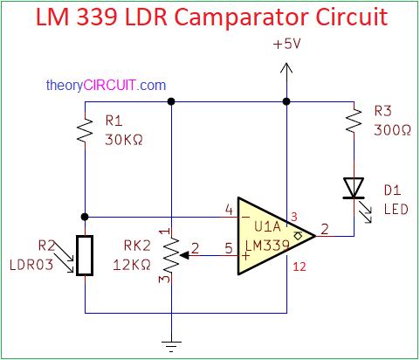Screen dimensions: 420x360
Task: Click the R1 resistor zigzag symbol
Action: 85,131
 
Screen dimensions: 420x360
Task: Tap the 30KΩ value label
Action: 124,140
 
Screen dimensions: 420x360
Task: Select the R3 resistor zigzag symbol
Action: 354,121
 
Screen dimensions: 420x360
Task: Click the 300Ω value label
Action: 392,130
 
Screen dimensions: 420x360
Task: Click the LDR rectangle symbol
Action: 85,255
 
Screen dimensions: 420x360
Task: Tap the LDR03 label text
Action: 31,265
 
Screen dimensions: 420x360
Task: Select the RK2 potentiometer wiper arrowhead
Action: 184,255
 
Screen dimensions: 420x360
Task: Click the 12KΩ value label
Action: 132,265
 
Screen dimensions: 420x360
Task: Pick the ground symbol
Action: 171,346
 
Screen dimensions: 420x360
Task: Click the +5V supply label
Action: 286,44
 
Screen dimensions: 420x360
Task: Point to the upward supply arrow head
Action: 286,68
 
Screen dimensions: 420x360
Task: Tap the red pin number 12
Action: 300,267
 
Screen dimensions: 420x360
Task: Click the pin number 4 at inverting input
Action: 229,210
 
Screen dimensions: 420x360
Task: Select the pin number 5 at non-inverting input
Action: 229,248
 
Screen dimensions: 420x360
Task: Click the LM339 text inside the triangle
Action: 267,246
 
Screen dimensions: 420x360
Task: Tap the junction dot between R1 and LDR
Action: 85,217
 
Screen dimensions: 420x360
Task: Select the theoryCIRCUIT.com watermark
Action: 106,86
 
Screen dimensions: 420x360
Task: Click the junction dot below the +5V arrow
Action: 286,101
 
